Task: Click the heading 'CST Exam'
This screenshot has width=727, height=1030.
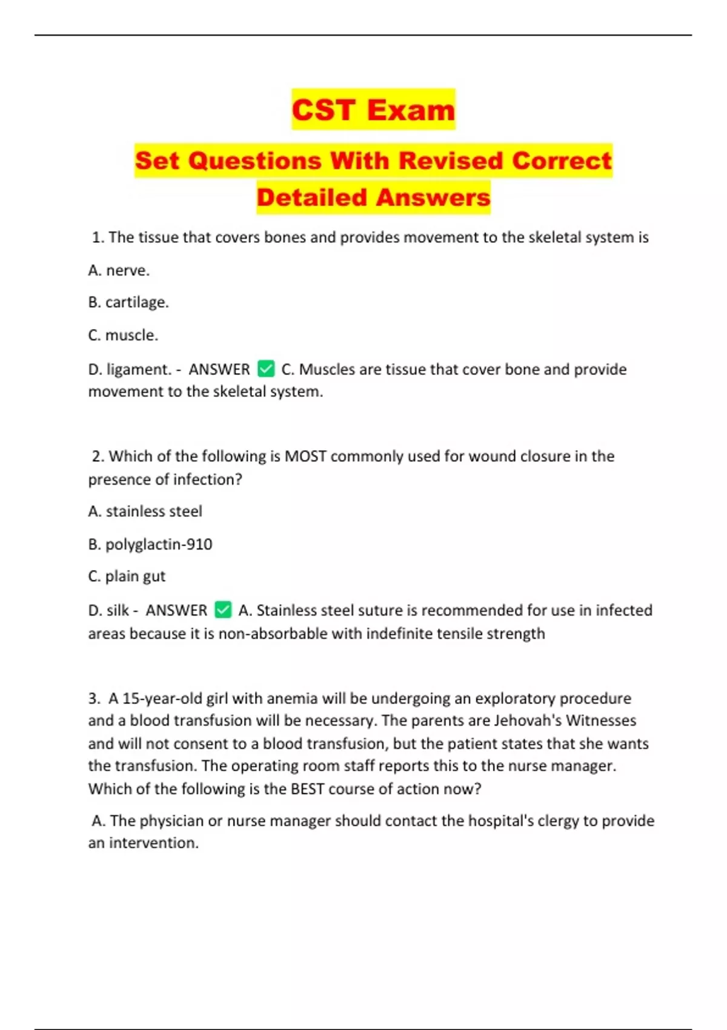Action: pos(373,110)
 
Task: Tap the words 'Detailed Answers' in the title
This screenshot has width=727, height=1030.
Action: pos(373,198)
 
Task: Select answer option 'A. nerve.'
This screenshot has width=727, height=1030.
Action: pos(119,270)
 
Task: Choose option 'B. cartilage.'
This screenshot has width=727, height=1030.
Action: pos(128,302)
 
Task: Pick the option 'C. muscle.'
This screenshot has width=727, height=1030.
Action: pos(123,335)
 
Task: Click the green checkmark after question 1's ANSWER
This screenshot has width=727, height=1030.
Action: pos(266,368)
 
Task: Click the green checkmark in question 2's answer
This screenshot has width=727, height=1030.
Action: pos(223,610)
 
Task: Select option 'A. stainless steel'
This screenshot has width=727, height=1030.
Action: pos(145,511)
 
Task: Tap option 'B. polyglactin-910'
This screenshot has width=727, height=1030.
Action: pos(150,544)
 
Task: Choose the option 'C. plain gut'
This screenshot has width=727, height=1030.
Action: pos(127,576)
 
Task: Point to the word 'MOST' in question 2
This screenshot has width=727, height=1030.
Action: pos(305,456)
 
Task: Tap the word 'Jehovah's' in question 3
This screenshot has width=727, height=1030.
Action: pos(528,720)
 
